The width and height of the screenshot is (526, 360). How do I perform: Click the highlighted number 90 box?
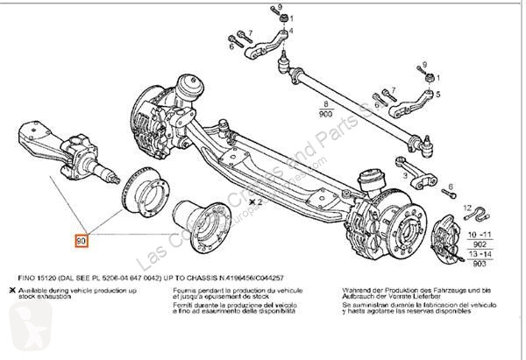click(x=82, y=239)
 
